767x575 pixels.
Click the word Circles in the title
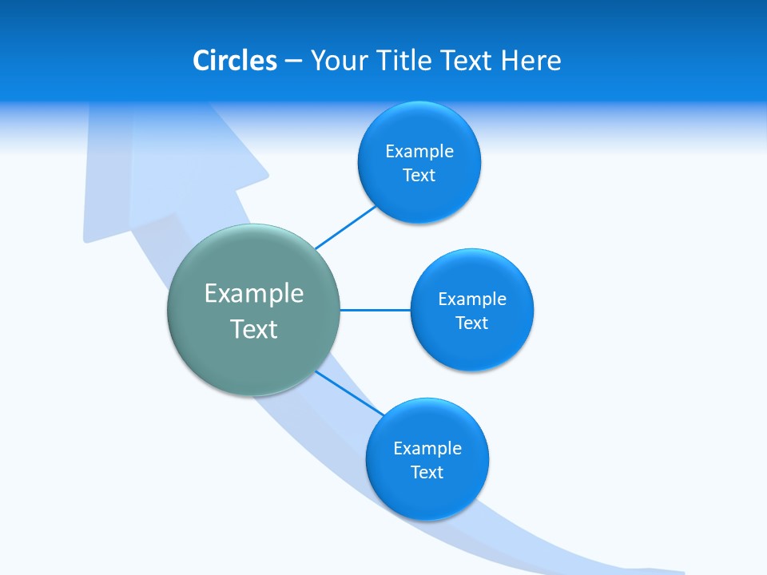pos(235,61)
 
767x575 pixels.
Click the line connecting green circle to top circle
pos(345,228)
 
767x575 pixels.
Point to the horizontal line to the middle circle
pos(375,310)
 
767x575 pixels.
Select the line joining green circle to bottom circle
pos(350,394)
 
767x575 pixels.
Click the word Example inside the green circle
pos(254,294)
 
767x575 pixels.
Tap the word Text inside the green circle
pos(254,329)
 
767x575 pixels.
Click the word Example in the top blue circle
pos(419,152)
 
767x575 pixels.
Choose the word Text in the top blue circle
pos(419,176)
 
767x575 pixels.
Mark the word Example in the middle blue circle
pos(472,299)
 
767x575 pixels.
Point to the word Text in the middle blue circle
pos(472,323)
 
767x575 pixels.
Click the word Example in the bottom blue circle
pos(427,449)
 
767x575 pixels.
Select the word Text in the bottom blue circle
pos(427,473)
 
